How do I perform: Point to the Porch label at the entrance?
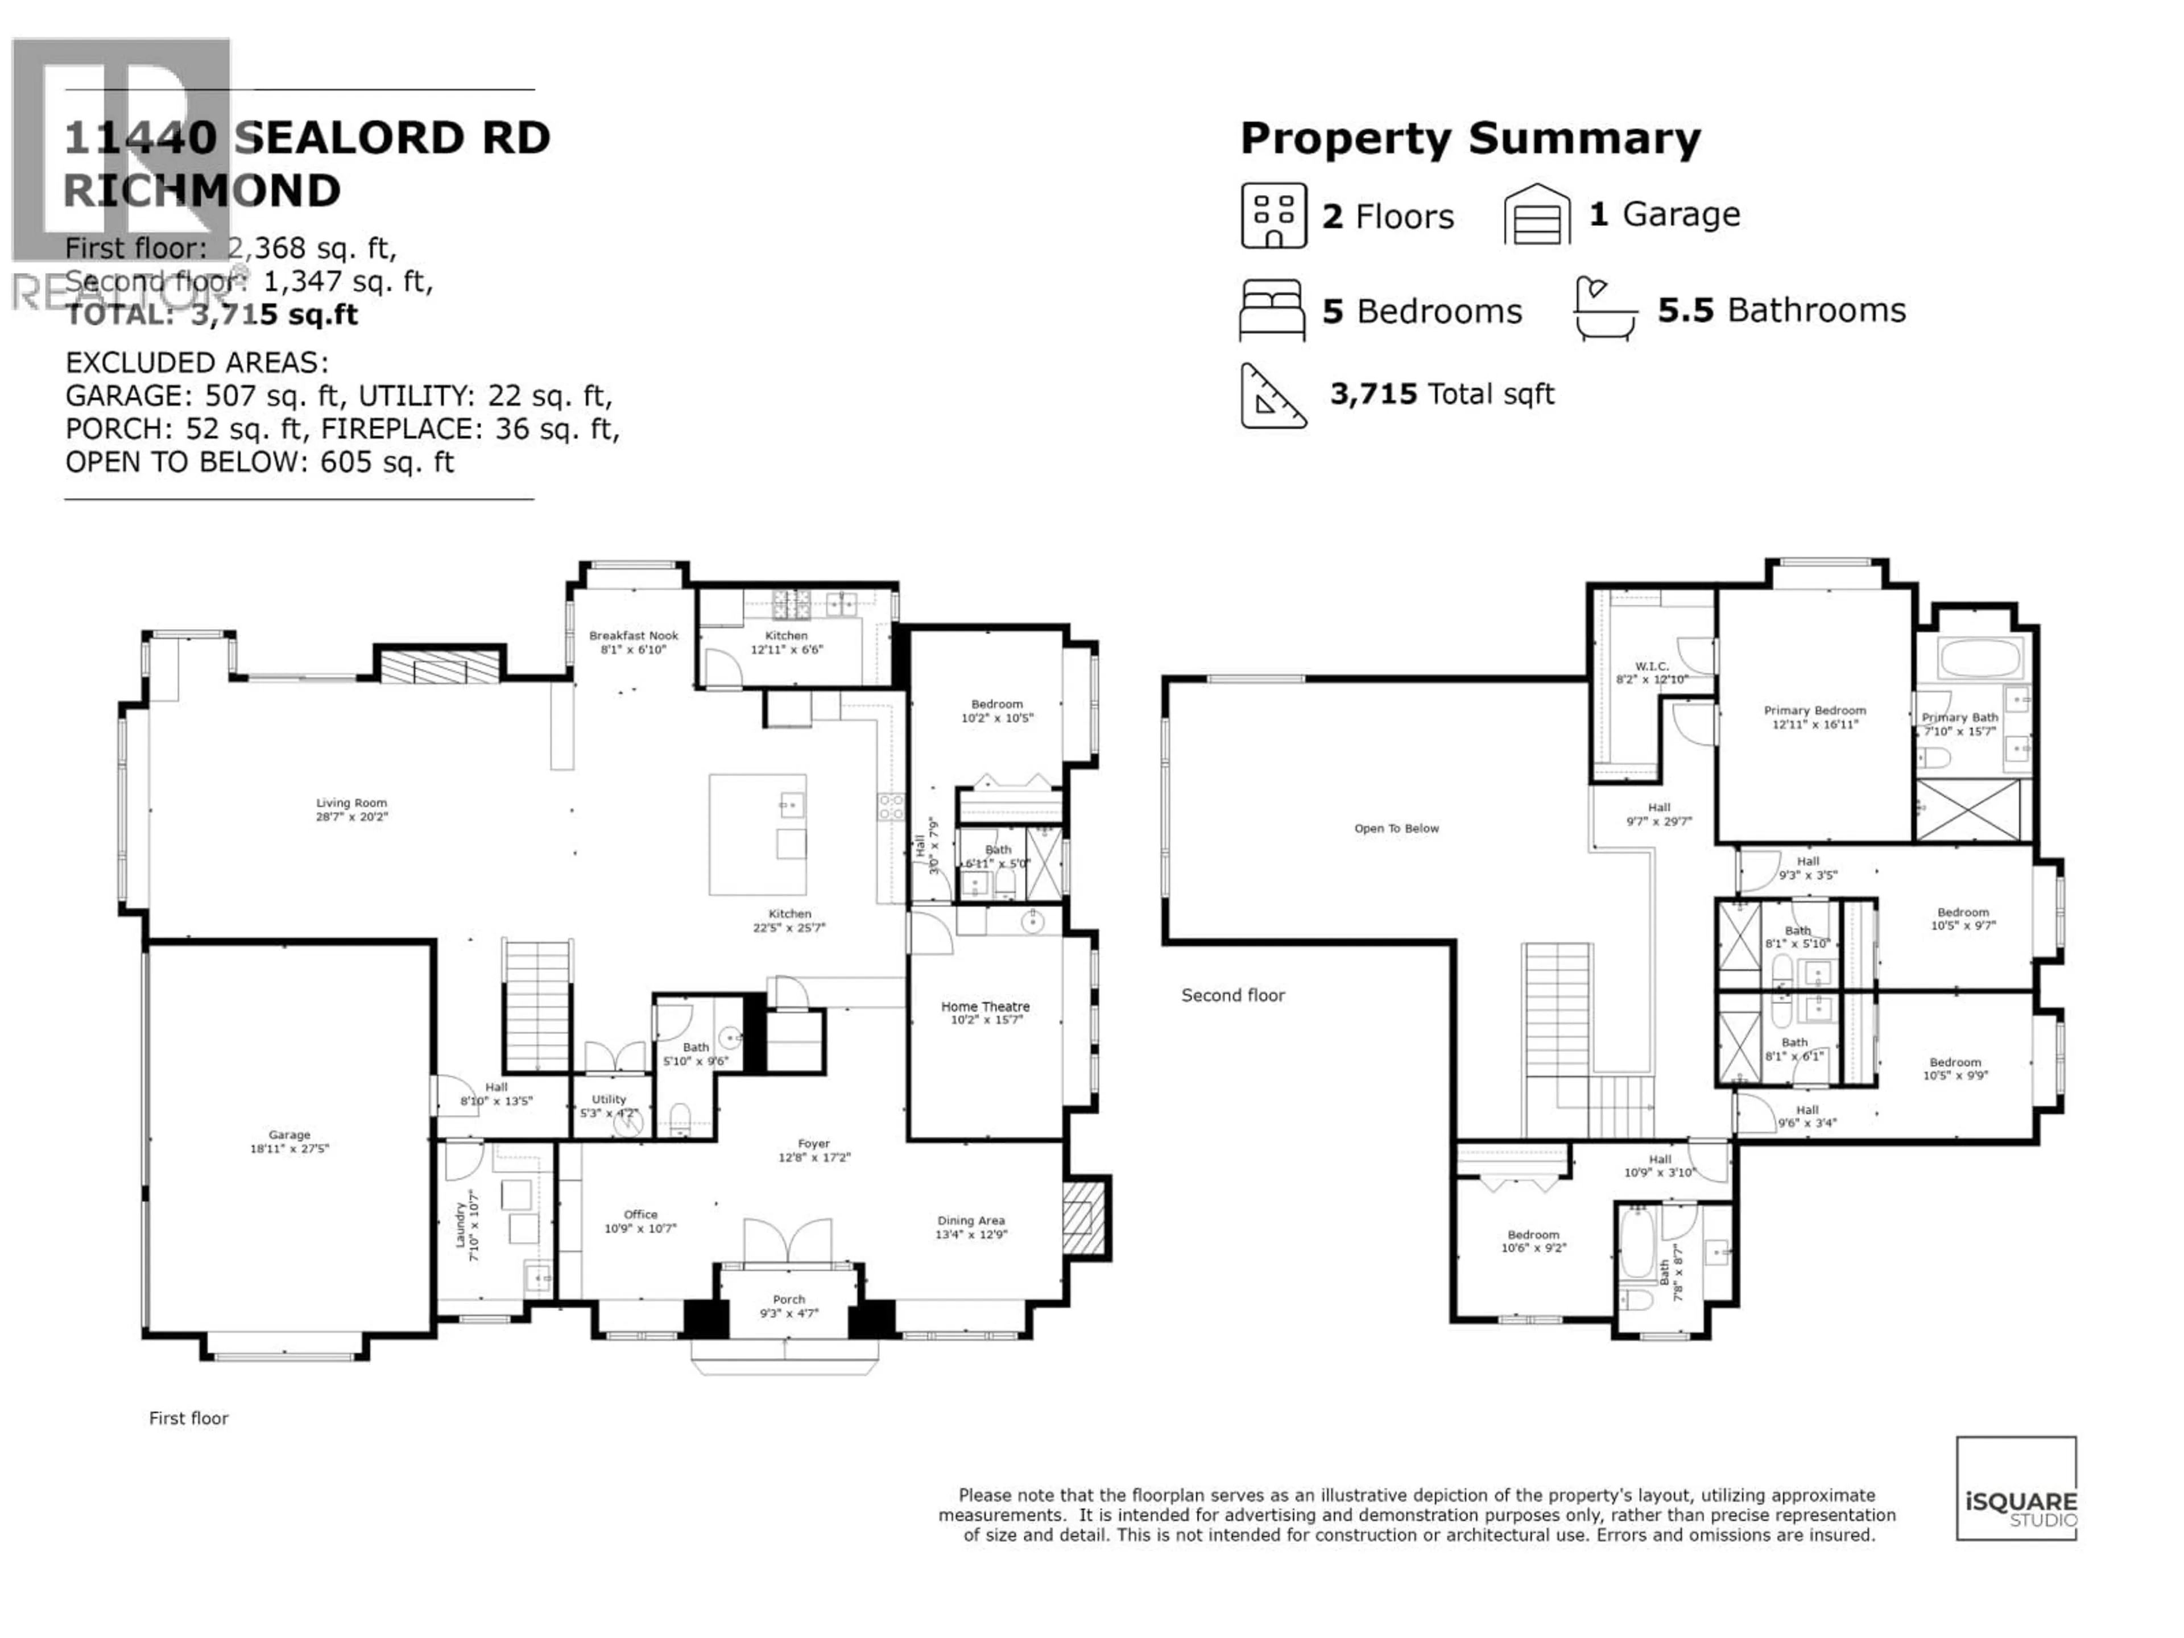[x=789, y=1305]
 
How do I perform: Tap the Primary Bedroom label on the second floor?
[x=1815, y=717]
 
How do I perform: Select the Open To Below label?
[x=1396, y=828]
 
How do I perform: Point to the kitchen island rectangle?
[x=758, y=834]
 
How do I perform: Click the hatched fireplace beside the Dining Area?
[x=1084, y=1217]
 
